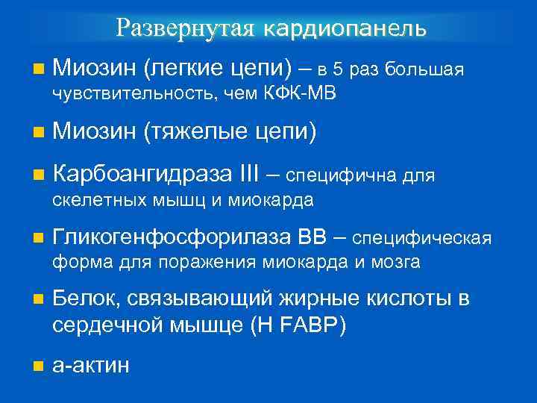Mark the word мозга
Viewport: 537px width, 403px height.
coord(398,262)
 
